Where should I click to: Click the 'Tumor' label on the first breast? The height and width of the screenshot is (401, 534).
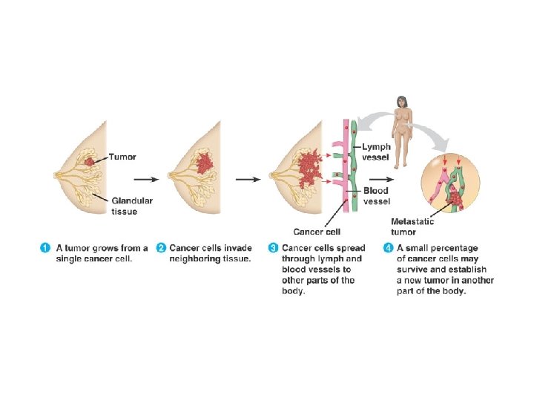coord(123,157)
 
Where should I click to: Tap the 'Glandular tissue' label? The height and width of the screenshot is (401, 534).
coord(132,206)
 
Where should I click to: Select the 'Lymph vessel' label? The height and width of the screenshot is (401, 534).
coord(376,151)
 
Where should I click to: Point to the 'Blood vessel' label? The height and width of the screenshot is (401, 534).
coord(376,196)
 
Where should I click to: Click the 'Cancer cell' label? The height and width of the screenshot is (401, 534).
coord(317,231)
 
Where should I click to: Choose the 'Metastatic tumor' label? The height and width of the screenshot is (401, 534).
coord(412,226)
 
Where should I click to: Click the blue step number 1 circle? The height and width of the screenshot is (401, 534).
coord(45,248)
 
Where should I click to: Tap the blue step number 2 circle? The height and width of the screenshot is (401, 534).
coord(161,248)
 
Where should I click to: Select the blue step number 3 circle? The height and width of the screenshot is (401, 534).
coord(273,248)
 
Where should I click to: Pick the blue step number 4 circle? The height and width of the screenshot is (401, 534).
coord(388,248)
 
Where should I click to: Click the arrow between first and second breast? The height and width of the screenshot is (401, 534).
coord(145,179)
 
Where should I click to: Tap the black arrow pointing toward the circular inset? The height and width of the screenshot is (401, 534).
coord(381,179)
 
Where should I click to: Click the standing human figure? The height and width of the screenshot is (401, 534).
coord(403,130)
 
